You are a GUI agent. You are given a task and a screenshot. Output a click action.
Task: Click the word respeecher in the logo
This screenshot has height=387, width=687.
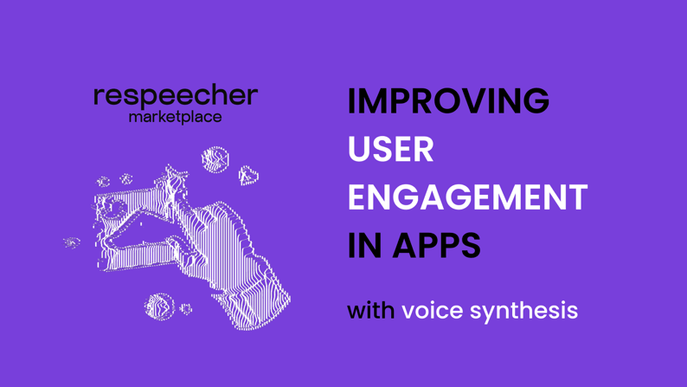[176, 97]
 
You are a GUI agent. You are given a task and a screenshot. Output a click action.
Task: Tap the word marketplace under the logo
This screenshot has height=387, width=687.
[176, 118]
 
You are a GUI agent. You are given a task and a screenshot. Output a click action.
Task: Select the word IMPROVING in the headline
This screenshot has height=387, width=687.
[448, 100]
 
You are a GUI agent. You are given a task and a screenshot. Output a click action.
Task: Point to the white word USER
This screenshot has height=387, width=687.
[391, 149]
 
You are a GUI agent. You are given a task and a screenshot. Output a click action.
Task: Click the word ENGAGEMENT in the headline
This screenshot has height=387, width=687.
[467, 197]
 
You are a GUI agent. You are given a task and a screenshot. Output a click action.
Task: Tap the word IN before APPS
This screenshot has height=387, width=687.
[364, 245]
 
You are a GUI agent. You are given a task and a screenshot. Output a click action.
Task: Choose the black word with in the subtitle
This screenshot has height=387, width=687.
[370, 310]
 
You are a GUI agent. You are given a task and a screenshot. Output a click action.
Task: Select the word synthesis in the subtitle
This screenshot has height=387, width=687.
[524, 311]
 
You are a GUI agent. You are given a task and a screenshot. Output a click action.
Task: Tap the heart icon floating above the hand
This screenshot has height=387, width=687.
[248, 176]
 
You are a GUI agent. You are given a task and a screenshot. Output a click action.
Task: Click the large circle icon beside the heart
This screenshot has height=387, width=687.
[215, 160]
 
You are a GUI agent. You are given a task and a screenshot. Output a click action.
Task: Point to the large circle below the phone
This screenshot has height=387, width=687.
[159, 306]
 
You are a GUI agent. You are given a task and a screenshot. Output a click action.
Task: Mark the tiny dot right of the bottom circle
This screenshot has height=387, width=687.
[186, 309]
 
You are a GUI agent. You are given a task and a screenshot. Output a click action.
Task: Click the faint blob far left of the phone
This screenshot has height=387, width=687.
[72, 242]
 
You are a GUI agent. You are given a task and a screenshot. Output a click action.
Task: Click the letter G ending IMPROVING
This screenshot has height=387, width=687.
[535, 100]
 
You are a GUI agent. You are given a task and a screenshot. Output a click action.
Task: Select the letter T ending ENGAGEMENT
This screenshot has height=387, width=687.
[576, 197]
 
